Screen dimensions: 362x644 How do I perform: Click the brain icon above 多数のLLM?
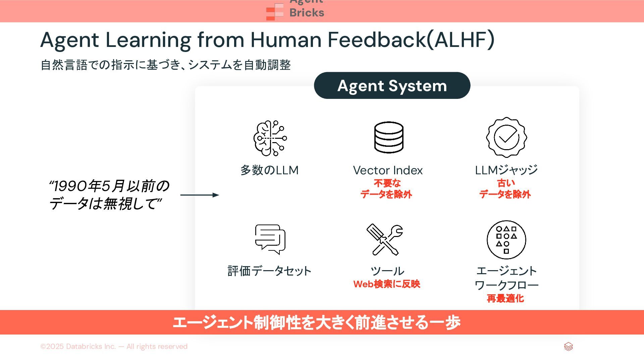click(x=270, y=138)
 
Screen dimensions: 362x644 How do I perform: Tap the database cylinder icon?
click(x=389, y=137)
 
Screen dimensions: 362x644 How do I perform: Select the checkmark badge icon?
click(x=506, y=137)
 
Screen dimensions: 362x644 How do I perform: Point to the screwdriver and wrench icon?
click(x=385, y=240)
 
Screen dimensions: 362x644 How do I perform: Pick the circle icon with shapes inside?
click(x=506, y=240)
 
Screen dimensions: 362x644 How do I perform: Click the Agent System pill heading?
click(x=392, y=86)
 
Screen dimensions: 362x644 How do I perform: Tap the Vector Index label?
click(x=388, y=170)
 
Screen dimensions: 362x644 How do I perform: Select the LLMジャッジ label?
click(x=506, y=170)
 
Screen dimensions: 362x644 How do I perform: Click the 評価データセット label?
click(x=269, y=271)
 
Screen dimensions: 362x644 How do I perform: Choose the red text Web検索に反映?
click(x=387, y=284)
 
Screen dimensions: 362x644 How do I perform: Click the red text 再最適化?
click(x=505, y=298)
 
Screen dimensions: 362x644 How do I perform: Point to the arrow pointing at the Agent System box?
click(x=200, y=195)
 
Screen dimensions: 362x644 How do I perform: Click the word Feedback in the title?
click(x=376, y=40)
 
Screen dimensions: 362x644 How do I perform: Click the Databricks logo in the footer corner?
click(x=568, y=347)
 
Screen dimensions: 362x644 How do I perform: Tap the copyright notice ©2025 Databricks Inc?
click(x=114, y=347)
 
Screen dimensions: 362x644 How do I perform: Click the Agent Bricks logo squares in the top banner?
click(x=275, y=12)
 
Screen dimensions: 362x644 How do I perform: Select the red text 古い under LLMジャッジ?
click(x=506, y=183)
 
